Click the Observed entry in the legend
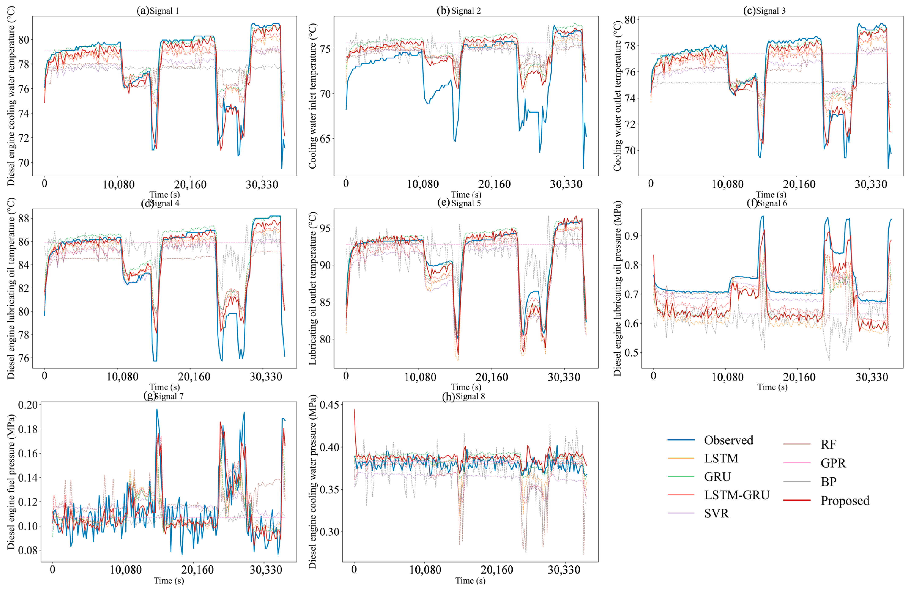click(728, 440)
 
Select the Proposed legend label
click(845, 501)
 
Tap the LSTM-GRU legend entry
click(737, 495)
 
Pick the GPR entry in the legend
click(833, 463)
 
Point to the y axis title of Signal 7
click(11, 481)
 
